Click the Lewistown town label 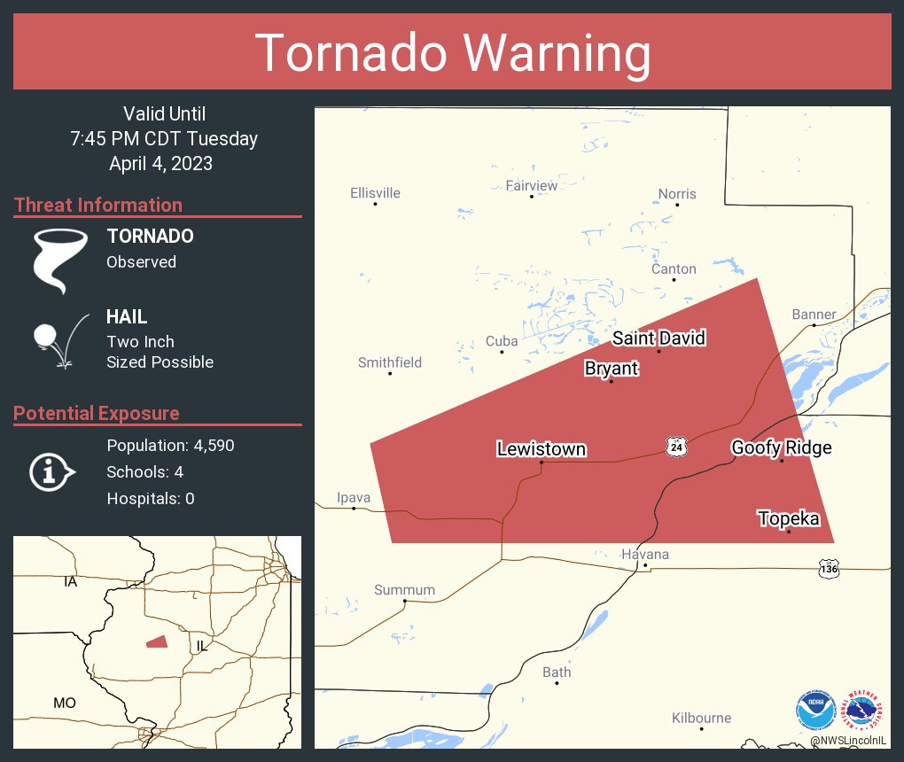click(x=541, y=449)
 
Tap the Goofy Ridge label click(x=781, y=447)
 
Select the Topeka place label click(x=788, y=518)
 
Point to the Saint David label click(x=659, y=338)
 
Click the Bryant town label click(x=611, y=368)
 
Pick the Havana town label click(x=645, y=555)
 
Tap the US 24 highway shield click(x=677, y=447)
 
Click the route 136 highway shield click(x=828, y=568)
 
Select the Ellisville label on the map click(x=375, y=192)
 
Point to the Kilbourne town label click(x=701, y=718)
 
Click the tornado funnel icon click(x=60, y=260)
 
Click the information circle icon click(x=51, y=472)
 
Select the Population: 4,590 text click(x=170, y=446)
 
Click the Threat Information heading click(x=98, y=205)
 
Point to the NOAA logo click(x=815, y=710)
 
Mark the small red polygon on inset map click(x=157, y=641)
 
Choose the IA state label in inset click(x=70, y=582)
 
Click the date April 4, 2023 click(x=160, y=163)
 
